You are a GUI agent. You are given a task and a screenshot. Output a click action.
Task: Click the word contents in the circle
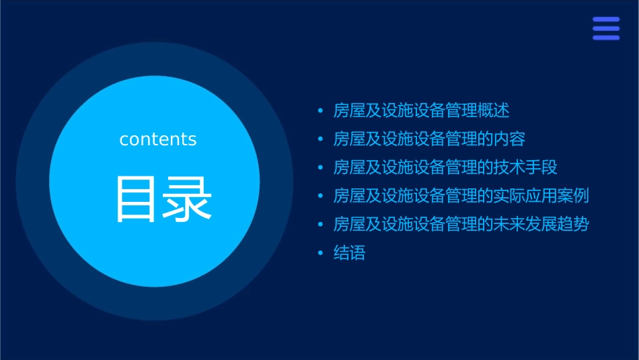[158, 139]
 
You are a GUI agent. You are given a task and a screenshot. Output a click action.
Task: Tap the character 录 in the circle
[184, 200]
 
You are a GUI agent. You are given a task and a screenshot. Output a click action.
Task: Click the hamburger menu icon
[606, 29]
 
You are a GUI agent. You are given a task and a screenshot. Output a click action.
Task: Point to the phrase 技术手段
[525, 168]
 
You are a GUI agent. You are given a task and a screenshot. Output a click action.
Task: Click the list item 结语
[349, 254]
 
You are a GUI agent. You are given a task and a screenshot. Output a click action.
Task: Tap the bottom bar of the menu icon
[606, 38]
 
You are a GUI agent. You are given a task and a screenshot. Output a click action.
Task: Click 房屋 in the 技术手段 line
[349, 168]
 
